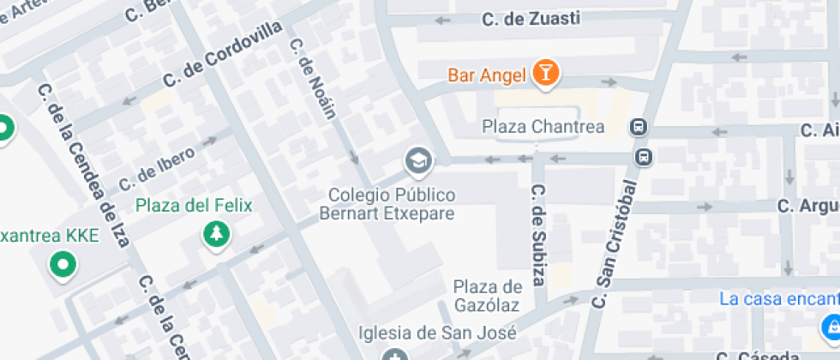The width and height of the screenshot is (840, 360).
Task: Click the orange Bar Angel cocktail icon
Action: click(544, 74)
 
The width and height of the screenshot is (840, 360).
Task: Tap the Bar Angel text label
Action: click(486, 75)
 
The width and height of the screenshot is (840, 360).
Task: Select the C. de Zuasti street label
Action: click(531, 19)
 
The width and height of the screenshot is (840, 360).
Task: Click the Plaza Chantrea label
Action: click(543, 127)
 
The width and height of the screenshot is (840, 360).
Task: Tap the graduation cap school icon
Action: click(418, 159)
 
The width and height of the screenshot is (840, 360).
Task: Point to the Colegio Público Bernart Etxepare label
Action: click(387, 204)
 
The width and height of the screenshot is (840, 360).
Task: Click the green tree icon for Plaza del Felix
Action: click(213, 234)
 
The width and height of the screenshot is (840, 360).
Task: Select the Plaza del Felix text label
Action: click(195, 205)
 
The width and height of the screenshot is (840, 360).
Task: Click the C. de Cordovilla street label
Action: click(222, 54)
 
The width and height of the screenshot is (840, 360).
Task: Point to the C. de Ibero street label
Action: click(157, 168)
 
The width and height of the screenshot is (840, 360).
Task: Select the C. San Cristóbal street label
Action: click(616, 243)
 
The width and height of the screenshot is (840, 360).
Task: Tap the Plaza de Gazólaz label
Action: click(488, 296)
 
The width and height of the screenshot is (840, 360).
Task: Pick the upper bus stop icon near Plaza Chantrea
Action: click(639, 128)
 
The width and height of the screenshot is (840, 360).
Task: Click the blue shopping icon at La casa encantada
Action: click(830, 325)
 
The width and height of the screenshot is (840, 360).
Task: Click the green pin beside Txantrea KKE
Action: click(62, 264)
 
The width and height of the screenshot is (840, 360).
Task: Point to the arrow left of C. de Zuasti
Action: click(443, 20)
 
